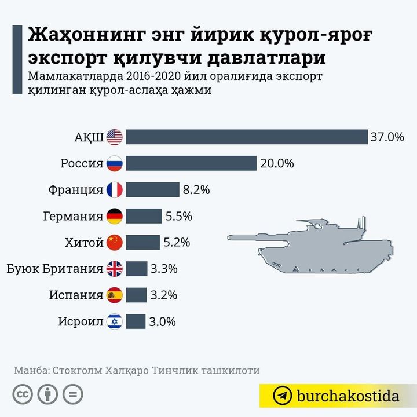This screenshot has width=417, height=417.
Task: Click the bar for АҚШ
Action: pos(247,137)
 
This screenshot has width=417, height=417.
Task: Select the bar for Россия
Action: pos(191,163)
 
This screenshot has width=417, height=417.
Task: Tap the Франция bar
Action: pos(152,189)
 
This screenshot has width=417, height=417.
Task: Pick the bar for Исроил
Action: pos(136,321)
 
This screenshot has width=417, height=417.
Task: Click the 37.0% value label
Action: pos(387,137)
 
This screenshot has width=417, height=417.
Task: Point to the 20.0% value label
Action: pos(277,163)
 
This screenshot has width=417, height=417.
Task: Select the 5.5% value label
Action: pos(178,216)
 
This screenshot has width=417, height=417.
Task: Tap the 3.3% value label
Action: pos(163,269)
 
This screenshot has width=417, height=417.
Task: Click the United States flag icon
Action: pos(115,137)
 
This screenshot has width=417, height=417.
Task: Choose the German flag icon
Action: pos(115,216)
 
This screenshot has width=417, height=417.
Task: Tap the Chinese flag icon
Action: pos(115,242)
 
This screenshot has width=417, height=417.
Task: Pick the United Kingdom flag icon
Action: pos(115,269)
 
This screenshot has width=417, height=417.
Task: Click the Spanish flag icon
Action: pos(115,295)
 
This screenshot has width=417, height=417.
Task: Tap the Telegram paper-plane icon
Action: pos(283,396)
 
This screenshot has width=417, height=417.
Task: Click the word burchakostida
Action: pos(348,396)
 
